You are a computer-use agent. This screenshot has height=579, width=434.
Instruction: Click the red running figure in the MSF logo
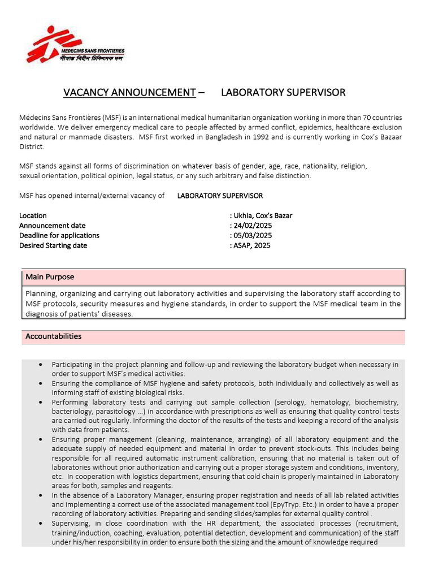tap(45, 45)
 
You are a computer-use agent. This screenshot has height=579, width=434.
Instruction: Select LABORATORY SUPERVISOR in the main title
tap(283, 92)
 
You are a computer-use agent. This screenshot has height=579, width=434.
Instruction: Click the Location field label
tap(33, 215)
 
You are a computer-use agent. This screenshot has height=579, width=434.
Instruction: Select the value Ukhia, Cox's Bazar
tap(263, 215)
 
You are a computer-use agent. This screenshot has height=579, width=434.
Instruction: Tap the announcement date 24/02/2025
tap(253, 226)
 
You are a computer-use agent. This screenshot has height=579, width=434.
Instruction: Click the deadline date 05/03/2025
tap(253, 235)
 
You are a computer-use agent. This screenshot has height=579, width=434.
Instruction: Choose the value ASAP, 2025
tap(251, 245)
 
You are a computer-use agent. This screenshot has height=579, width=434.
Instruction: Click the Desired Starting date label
tap(53, 245)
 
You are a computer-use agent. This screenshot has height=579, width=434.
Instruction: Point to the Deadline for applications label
tap(59, 235)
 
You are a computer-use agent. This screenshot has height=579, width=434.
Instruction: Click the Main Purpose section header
tap(50, 277)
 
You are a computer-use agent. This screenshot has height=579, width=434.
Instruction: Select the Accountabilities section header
tap(53, 336)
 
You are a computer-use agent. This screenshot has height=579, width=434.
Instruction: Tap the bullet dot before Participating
tap(41, 365)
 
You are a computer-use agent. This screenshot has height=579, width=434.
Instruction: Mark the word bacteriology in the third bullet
tap(72, 412)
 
